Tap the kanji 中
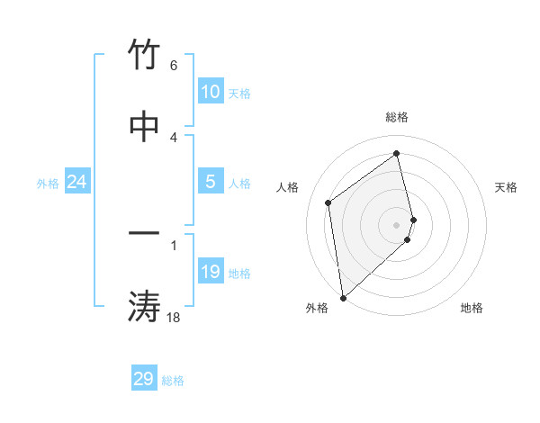[144, 125]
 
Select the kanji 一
[144, 233]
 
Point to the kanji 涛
[144, 305]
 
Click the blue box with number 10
[211, 92]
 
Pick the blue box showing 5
[211, 182]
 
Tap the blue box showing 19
[211, 272]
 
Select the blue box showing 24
[76, 183]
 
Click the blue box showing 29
[144, 379]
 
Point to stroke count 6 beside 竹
[174, 66]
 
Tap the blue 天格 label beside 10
[239, 94]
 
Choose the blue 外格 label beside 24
[48, 184]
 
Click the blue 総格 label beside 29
[173, 381]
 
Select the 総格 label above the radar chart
[397, 117]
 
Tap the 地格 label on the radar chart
[472, 308]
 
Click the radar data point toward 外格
[343, 297]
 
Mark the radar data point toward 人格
[328, 202]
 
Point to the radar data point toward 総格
[397, 154]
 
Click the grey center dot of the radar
[397, 224]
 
